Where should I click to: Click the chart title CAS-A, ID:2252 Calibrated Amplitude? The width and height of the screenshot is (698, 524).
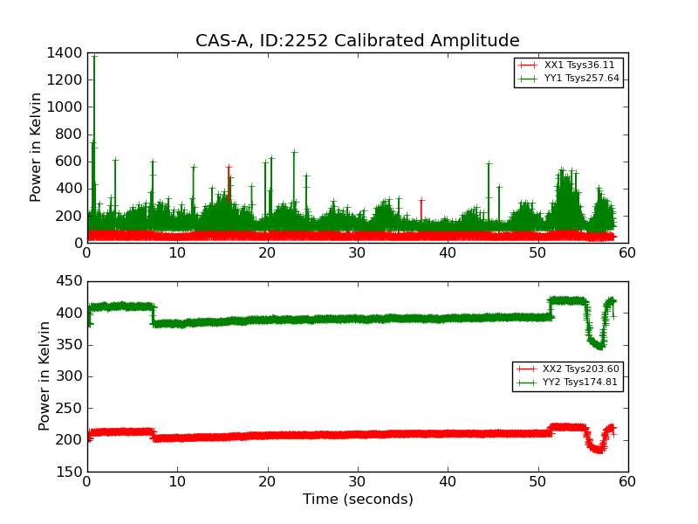(x=357, y=41)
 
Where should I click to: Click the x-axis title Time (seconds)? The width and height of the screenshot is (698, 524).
(x=358, y=500)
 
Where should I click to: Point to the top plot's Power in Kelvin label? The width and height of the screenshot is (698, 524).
(x=36, y=148)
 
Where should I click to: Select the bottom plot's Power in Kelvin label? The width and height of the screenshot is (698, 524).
(x=44, y=376)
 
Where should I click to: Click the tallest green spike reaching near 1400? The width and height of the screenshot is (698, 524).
(x=94, y=57)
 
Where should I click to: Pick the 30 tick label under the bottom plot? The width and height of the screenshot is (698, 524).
(x=358, y=482)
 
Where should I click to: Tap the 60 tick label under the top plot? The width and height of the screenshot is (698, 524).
(x=627, y=253)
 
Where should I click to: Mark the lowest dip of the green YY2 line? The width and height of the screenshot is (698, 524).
(x=599, y=347)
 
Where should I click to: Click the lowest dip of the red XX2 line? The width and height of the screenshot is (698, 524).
(x=598, y=451)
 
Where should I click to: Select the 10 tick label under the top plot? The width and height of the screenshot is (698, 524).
(x=177, y=253)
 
